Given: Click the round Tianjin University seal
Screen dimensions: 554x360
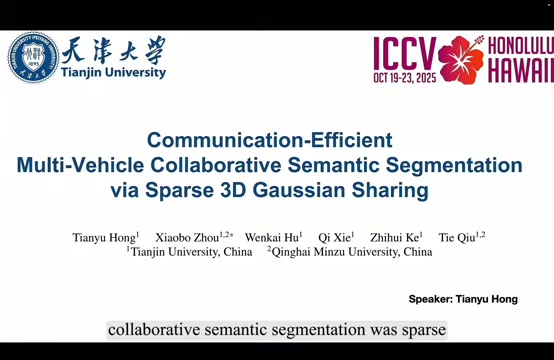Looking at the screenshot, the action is [x=33, y=57].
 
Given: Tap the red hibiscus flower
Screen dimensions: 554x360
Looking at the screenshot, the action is [x=461, y=60].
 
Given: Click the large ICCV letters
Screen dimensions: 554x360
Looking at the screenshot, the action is [x=405, y=53].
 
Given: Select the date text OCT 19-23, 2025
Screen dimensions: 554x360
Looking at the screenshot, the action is [x=405, y=78].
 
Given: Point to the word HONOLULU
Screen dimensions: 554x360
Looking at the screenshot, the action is [x=521, y=46].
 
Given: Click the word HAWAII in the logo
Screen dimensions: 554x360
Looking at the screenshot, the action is [x=521, y=70].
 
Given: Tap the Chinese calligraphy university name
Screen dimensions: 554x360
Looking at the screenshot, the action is [x=113, y=50].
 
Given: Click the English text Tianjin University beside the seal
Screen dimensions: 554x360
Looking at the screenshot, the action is [x=113, y=72].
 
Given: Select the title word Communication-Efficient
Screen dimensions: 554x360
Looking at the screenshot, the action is [x=270, y=140].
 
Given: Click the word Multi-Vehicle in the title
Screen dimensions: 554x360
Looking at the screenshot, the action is [x=80, y=165].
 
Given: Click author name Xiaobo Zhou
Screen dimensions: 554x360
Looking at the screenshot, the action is [x=187, y=237].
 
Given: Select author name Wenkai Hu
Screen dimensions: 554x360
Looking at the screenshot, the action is [x=272, y=237].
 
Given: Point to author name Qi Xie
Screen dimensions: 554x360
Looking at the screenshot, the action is [x=334, y=237].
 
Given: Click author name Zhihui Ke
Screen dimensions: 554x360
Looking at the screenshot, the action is [x=394, y=237].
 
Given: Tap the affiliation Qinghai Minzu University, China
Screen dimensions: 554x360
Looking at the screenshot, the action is [x=352, y=252].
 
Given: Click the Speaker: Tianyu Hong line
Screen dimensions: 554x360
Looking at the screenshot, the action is [x=463, y=299].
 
